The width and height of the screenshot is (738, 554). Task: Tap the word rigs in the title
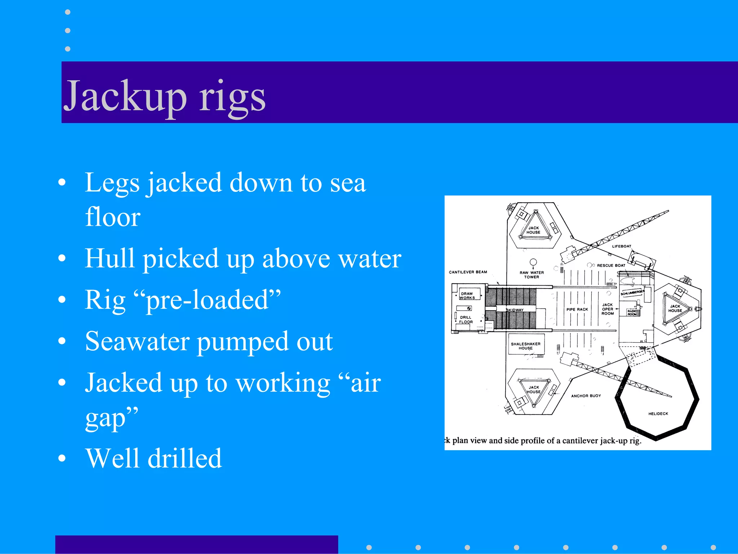(232, 97)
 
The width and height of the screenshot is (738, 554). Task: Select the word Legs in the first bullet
(112, 183)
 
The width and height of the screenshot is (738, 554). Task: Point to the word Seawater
(137, 341)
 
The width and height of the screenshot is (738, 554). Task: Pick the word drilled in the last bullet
(185, 458)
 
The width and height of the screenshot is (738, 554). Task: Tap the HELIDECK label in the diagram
(658, 414)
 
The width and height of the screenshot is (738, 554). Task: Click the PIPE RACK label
(577, 309)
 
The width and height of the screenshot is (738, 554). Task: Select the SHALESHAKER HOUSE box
(526, 346)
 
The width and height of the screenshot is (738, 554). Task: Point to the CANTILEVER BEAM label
(468, 272)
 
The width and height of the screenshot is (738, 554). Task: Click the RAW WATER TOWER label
(532, 275)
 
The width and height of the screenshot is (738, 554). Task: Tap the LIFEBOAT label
(622, 246)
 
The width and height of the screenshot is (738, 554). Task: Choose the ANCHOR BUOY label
(586, 396)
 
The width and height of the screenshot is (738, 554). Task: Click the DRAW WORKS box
(467, 295)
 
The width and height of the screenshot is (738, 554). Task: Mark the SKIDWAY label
(515, 310)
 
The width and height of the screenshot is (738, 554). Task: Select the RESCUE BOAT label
(611, 265)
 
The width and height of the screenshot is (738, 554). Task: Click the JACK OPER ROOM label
(608, 309)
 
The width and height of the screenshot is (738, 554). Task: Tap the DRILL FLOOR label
(466, 320)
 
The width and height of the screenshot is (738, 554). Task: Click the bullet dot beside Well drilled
(62, 458)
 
